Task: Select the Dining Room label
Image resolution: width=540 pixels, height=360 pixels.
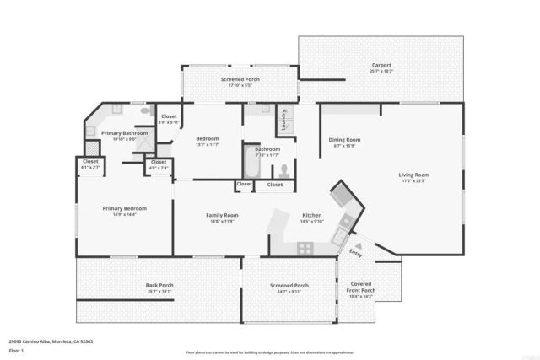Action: pos(344,140)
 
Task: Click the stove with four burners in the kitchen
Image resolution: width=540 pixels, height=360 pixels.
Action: pos(305,248)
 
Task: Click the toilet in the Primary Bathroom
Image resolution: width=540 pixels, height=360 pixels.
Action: pos(145,112)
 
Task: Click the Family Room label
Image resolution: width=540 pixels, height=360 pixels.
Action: pos(223,216)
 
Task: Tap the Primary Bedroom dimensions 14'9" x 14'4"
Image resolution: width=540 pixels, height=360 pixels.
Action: pos(125,214)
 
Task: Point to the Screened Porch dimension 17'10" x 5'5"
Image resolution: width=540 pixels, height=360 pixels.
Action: pos(240,85)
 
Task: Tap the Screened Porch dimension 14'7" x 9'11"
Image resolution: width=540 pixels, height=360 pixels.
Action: pos(289,292)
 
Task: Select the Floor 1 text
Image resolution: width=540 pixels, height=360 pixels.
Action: pos(16,349)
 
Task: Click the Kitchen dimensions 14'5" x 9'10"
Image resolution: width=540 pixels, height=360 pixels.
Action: pos(311,222)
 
